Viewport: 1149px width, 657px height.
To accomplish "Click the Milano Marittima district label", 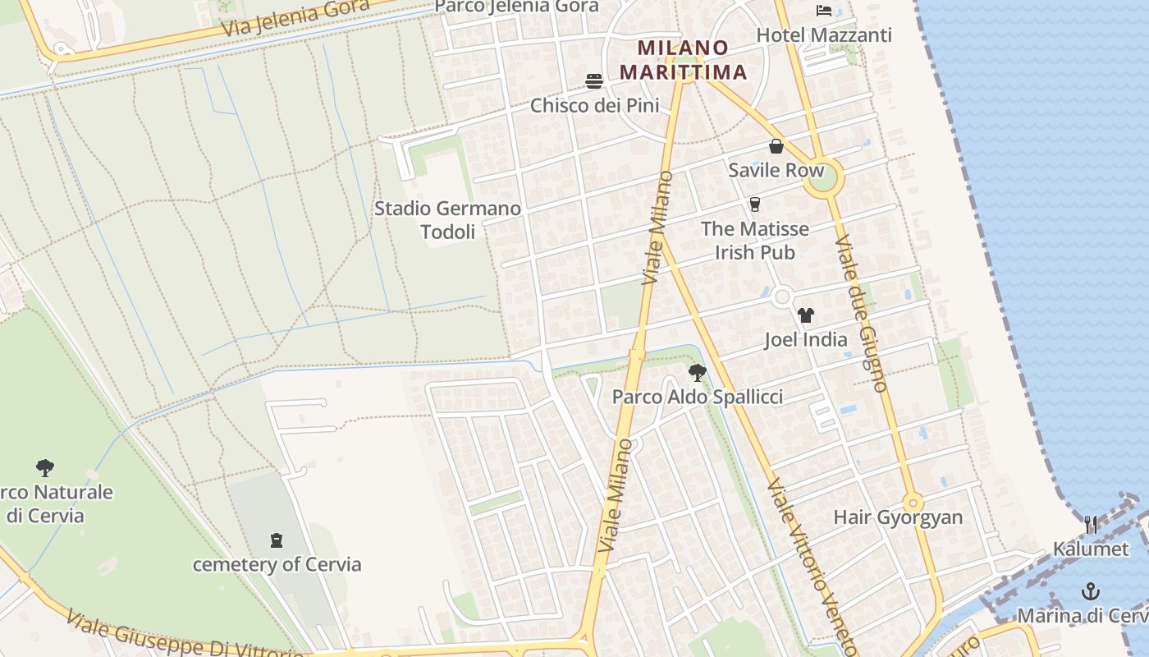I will (683, 60).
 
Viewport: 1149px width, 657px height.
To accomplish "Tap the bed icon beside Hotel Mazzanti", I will (824, 11).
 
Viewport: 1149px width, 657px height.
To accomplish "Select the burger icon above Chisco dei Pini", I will (594, 80).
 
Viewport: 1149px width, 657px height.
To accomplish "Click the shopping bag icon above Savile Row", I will (776, 147).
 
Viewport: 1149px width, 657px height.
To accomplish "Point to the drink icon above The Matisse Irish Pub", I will (755, 204).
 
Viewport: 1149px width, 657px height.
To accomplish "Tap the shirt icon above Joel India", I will (805, 315).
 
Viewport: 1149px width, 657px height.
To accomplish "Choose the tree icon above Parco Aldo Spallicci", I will (697, 373).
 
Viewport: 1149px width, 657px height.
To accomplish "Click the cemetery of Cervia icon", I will (277, 540).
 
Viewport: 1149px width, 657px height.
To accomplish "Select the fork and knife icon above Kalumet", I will (1091, 525).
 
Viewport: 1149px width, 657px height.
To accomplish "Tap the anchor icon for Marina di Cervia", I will (1091, 590).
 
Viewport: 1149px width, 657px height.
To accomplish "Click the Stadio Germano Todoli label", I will (447, 220).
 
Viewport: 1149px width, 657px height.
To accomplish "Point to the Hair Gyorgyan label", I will (898, 517).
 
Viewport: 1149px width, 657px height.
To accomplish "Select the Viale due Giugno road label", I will (861, 313).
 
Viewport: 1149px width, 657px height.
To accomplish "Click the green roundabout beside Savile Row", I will (823, 177).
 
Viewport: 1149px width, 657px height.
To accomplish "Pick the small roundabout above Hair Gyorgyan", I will (913, 503).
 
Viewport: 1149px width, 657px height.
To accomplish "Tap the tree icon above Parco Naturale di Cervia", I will (45, 468).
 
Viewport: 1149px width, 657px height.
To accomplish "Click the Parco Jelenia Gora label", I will (516, 7).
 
